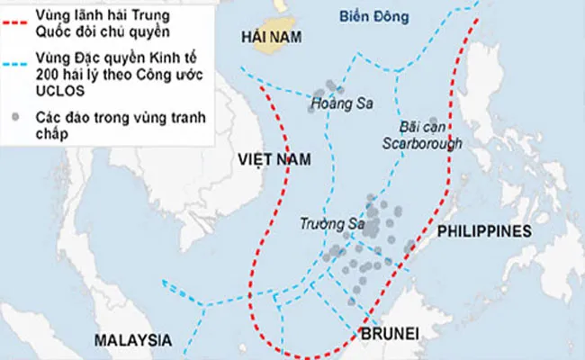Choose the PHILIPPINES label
484,231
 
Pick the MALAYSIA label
133,340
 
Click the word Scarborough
421,143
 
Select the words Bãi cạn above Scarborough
420,127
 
